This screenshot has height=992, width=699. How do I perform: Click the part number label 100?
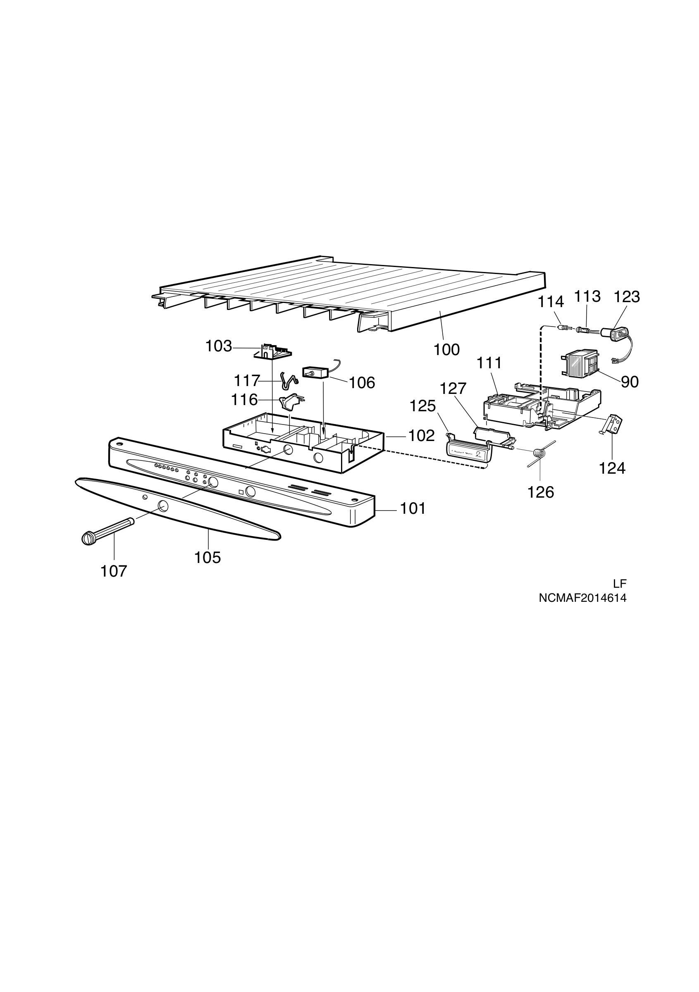point(447,349)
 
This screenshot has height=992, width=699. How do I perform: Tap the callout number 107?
point(114,571)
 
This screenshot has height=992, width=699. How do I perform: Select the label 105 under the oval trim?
point(208,558)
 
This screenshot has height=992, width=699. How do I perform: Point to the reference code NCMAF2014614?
point(582,599)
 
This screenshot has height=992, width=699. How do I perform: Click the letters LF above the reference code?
point(620,584)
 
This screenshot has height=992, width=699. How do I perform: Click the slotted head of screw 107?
point(88,538)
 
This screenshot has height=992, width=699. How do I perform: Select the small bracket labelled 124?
point(613,425)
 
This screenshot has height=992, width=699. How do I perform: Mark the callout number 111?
point(489,363)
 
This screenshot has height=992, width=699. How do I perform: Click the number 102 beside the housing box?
point(421,436)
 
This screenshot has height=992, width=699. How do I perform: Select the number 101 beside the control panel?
point(413,508)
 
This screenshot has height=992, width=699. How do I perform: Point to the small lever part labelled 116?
point(291,402)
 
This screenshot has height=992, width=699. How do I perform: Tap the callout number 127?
point(453,389)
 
